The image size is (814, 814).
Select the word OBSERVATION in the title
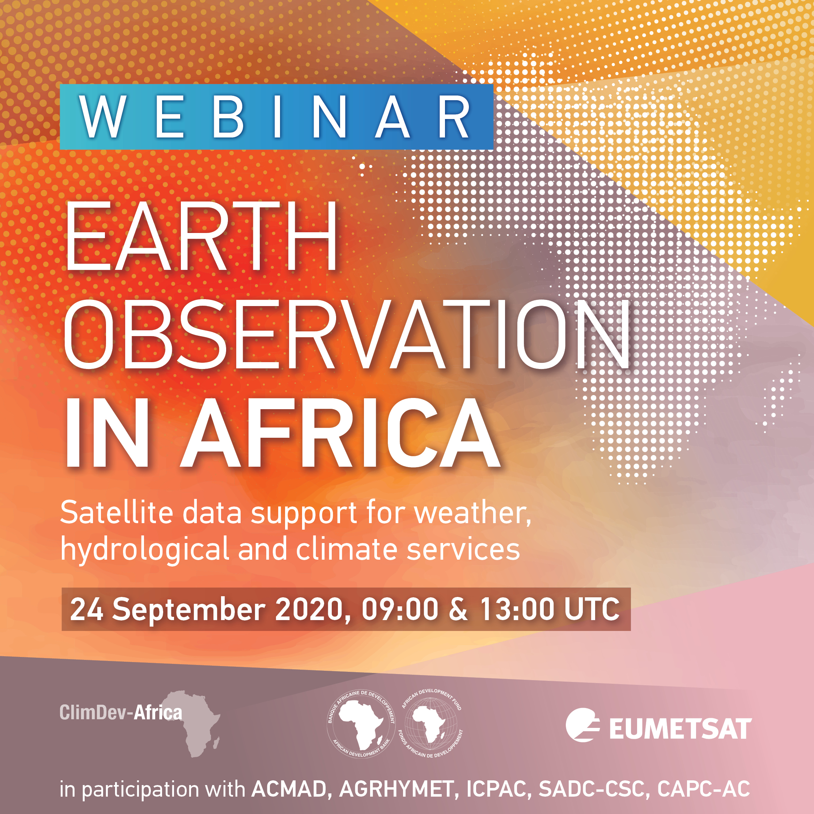coord(346,335)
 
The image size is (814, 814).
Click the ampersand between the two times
coord(458,609)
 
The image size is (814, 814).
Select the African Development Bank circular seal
coord(361,724)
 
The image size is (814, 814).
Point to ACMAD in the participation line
coord(289,789)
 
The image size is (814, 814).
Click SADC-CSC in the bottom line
coord(591,789)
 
